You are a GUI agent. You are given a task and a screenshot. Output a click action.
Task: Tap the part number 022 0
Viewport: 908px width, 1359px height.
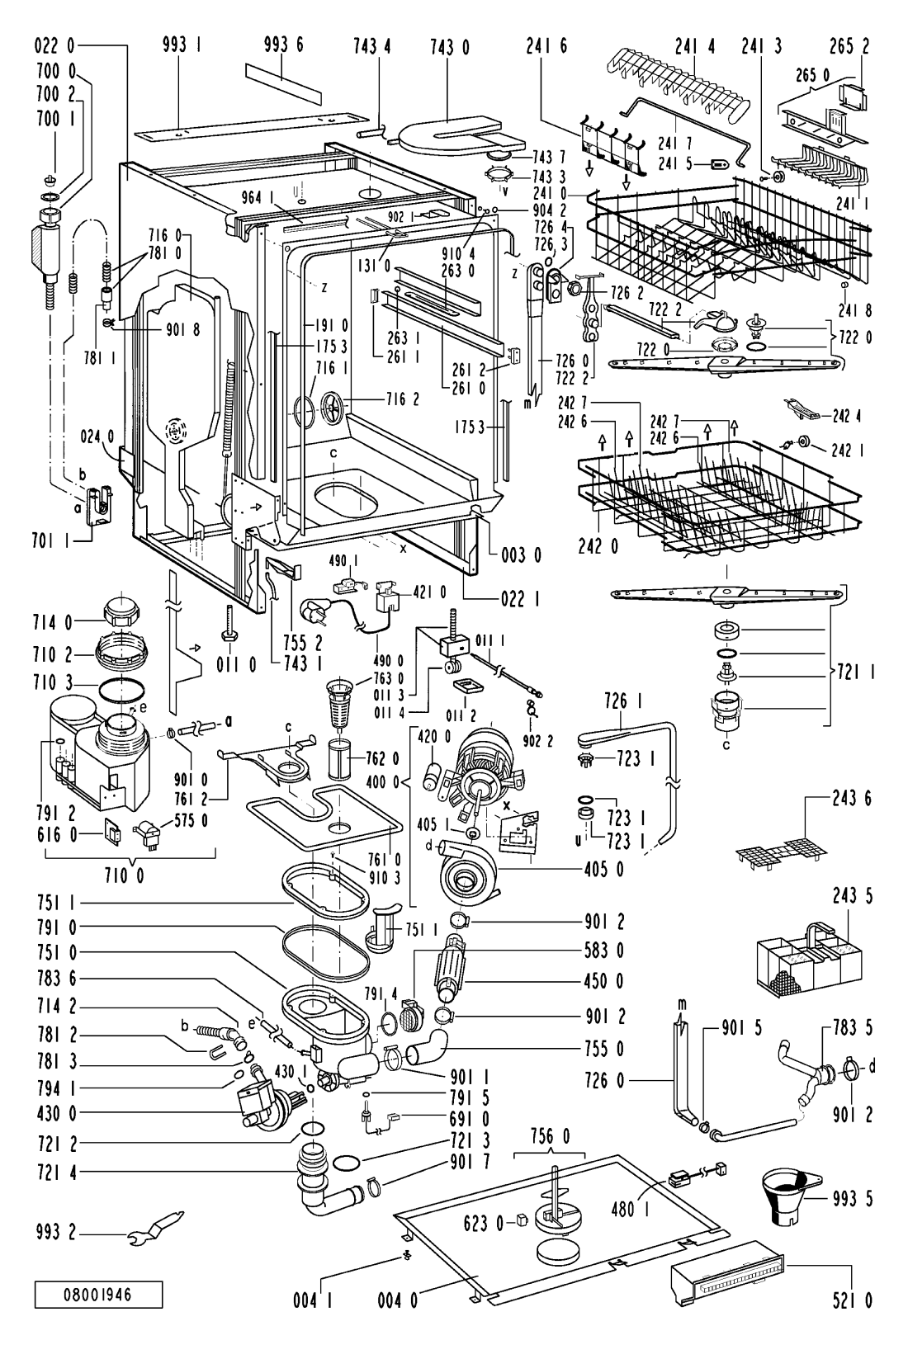[54, 45]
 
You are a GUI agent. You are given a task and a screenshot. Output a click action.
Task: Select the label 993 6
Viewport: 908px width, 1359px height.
[283, 45]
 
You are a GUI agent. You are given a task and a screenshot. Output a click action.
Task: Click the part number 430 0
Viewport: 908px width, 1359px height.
[56, 1113]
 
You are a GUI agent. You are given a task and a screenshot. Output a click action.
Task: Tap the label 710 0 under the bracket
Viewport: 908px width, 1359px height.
[123, 876]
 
